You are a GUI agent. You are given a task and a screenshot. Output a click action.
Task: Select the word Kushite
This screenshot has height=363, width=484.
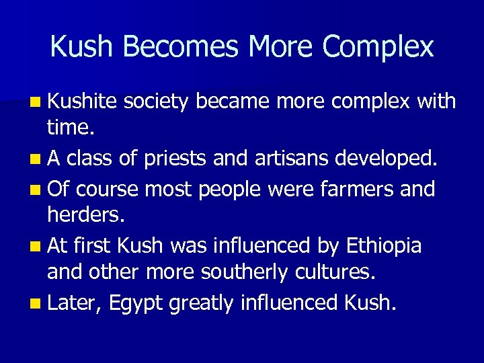click(83, 102)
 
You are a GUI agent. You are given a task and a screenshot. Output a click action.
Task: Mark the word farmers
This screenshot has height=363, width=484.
click(362, 188)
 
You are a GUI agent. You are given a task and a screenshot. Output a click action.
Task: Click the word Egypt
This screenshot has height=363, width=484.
click(135, 304)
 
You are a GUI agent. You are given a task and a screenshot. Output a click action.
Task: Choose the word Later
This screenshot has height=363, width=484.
click(75, 303)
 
